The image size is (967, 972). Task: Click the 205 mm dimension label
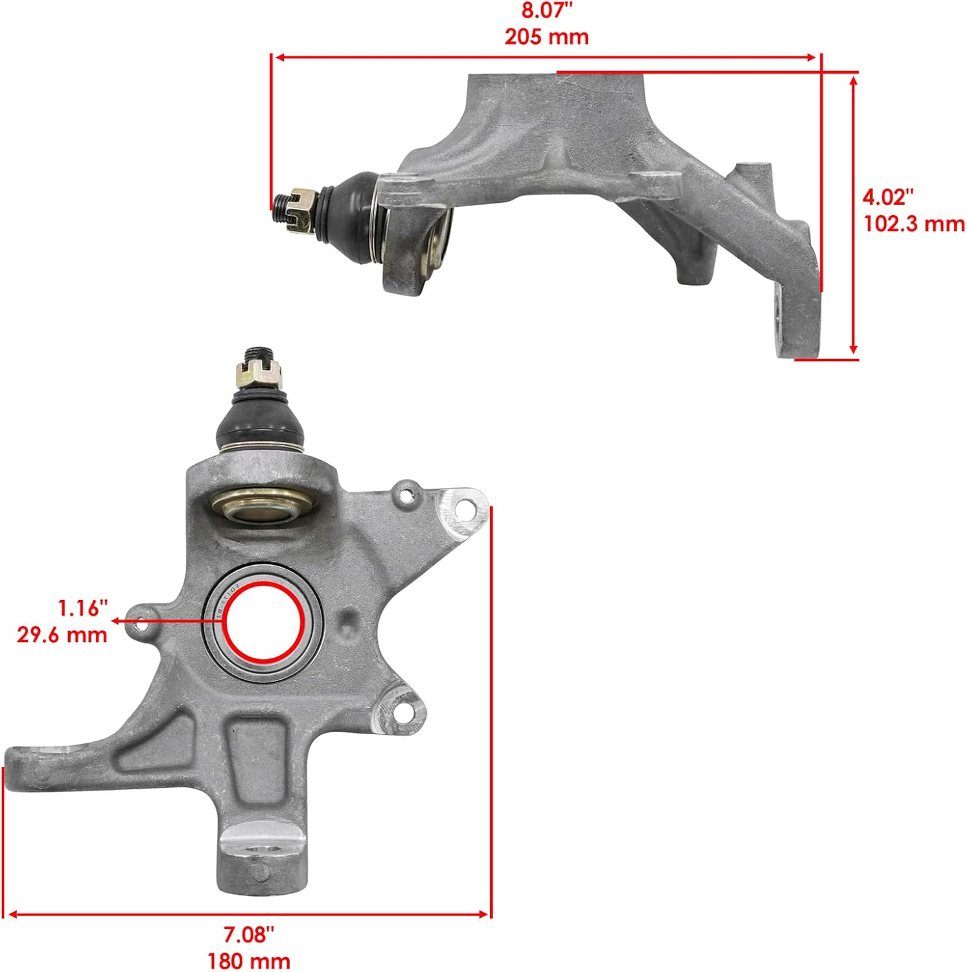pos(546,36)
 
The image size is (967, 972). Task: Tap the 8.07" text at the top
pos(546,11)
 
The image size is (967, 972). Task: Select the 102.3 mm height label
pos(914,224)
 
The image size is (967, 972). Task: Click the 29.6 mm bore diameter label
pos(62,634)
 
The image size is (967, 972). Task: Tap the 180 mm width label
pos(249,960)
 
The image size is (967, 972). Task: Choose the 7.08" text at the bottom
pos(249,934)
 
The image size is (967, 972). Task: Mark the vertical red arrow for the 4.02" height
pos(854,214)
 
